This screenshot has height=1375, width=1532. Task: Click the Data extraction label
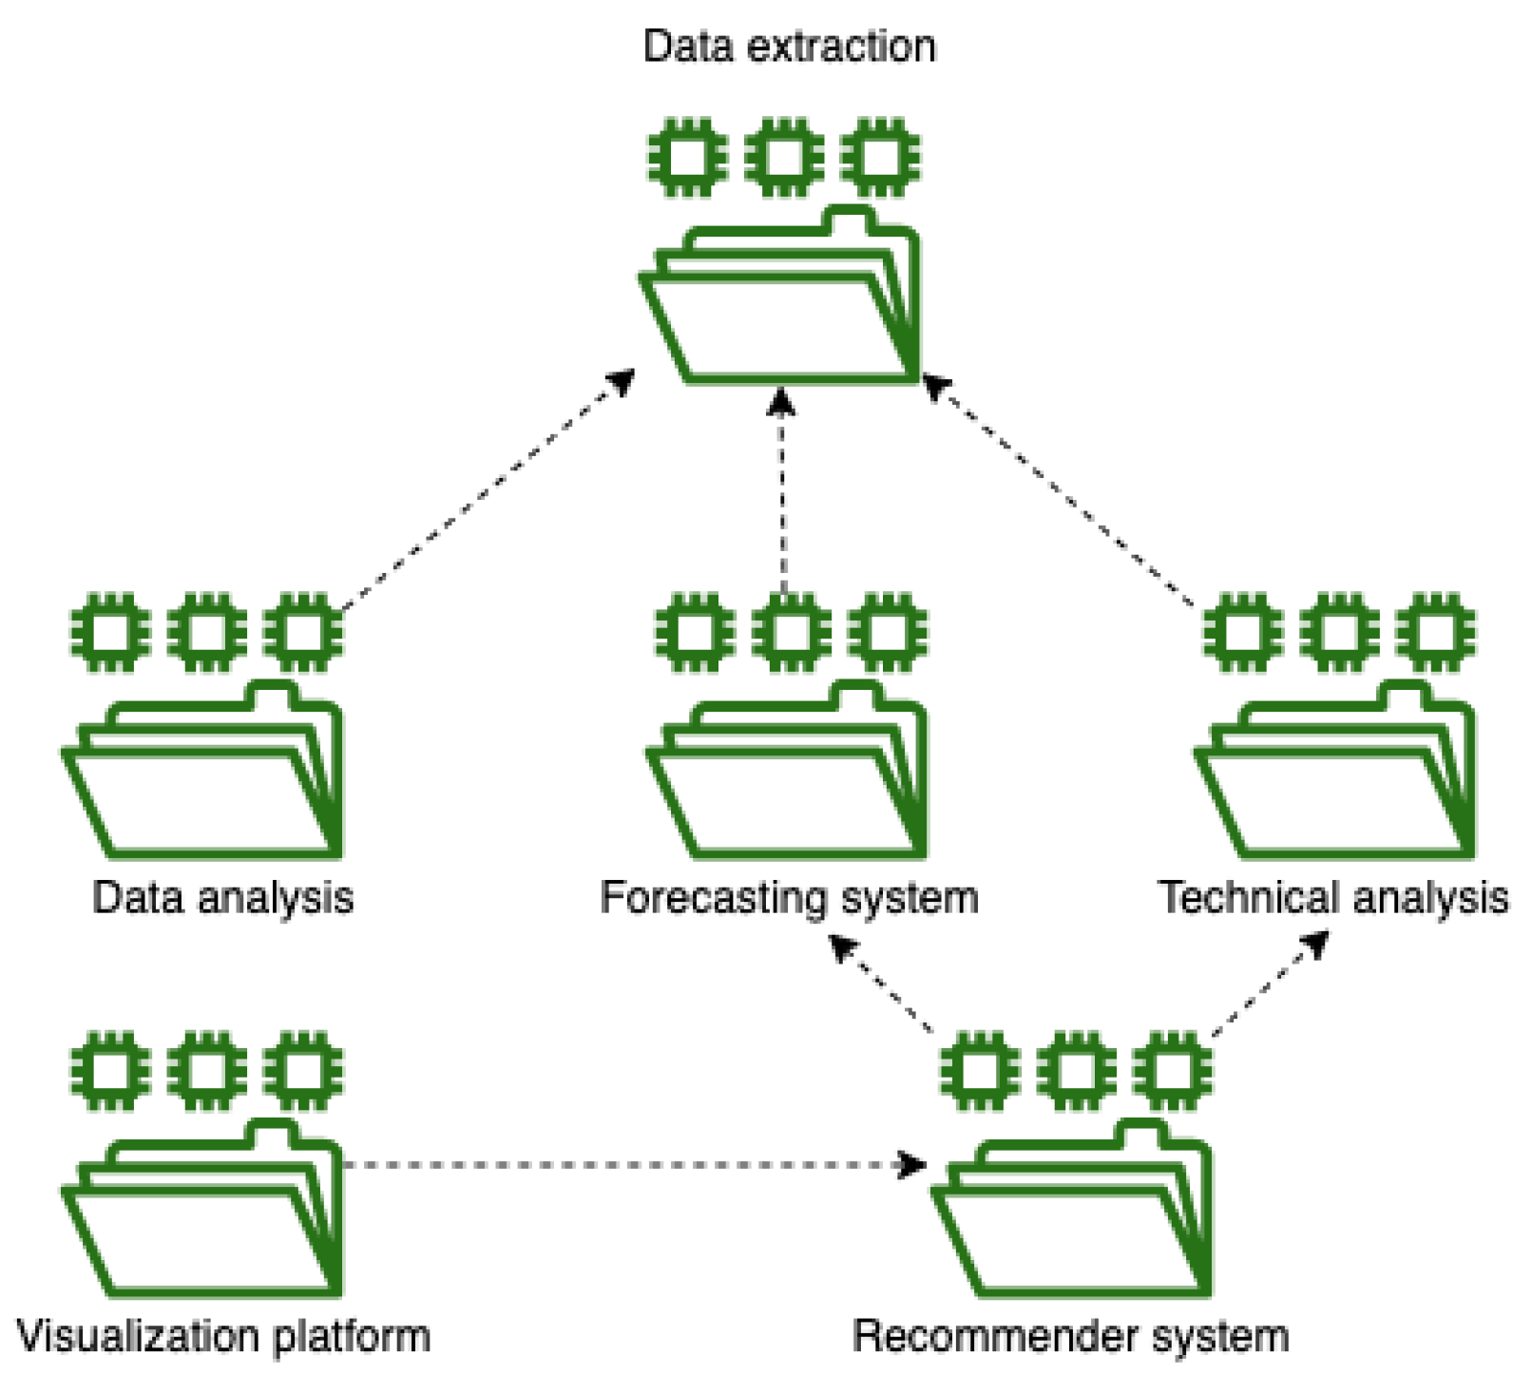[789, 47]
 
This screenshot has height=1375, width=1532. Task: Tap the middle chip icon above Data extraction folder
[784, 157]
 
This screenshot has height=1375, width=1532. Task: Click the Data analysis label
[222, 898]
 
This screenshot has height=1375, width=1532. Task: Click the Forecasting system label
[789, 898]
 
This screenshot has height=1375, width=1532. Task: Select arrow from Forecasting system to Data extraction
[782, 494]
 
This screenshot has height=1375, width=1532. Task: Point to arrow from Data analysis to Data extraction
[485, 491]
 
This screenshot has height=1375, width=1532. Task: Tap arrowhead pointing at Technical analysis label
[1316, 943]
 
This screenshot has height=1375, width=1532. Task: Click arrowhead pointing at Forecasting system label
[841, 946]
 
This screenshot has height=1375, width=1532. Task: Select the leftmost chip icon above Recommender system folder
[980, 1071]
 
